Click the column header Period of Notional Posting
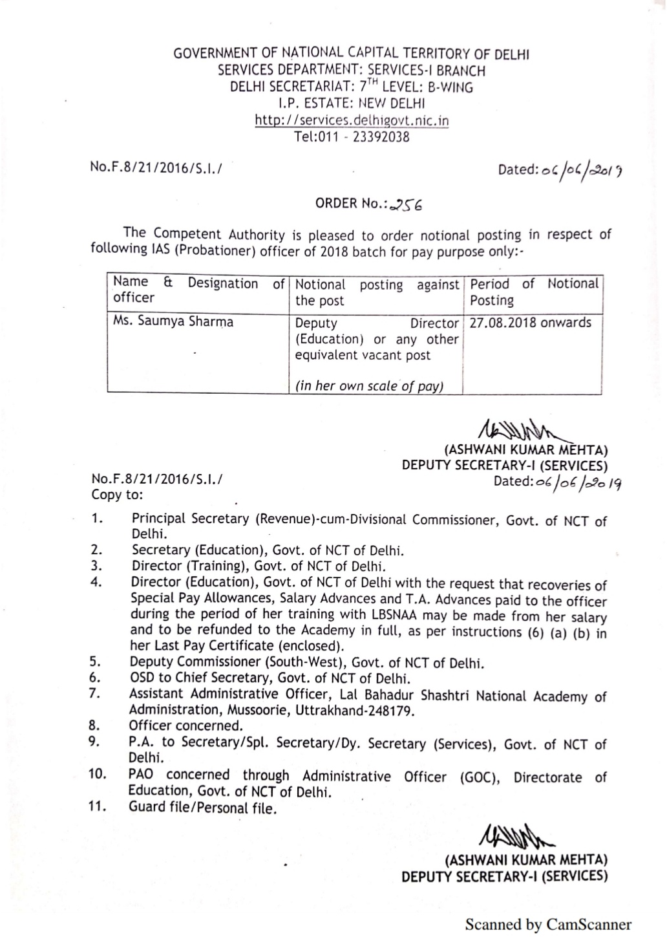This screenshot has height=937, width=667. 535,292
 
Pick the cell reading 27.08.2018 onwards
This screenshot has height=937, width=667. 530,323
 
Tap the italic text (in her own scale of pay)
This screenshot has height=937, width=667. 369,386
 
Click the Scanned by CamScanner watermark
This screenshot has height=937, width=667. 548,925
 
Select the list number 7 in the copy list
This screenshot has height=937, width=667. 95,693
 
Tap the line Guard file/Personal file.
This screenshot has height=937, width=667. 202,808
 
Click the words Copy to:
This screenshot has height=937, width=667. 118,495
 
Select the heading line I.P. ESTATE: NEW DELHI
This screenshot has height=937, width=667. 352,103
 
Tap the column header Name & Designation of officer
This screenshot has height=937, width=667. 198,290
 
